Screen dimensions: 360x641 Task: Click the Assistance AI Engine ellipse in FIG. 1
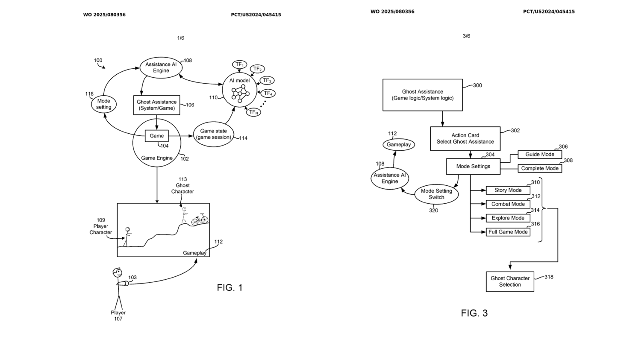pos(161,67)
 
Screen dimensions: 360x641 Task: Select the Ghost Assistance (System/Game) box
pos(156,105)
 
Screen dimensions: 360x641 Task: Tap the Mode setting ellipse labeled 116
pos(103,104)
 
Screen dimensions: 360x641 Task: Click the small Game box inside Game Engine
pos(156,136)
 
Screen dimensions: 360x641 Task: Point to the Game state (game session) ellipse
pos(214,135)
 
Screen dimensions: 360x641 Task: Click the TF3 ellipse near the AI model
pos(267,80)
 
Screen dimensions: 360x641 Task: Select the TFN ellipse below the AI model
pos(253,112)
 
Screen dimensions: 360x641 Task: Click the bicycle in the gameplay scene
pos(200,220)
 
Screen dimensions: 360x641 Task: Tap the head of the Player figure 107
pos(118,272)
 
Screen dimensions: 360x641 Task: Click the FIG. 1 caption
pos(229,287)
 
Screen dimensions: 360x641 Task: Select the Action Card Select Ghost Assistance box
pos(465,138)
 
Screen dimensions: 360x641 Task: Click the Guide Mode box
pos(540,155)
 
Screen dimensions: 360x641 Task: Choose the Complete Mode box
pos(540,168)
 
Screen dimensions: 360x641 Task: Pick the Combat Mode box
pos(508,204)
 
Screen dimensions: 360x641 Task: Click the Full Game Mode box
pos(508,232)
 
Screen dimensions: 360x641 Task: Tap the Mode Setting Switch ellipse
pos(436,194)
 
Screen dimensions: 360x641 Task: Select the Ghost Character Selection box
pos(510,281)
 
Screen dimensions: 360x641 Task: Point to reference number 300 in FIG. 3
pos(477,85)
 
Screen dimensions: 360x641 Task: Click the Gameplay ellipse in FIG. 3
pos(399,145)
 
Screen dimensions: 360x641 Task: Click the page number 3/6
pos(466,36)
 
